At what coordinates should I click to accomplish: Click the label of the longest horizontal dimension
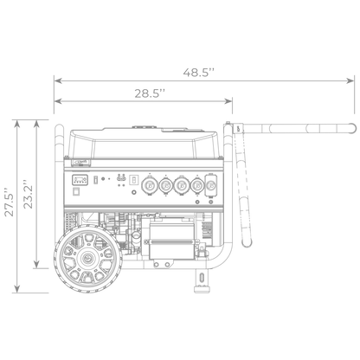pyautogui.click(x=203, y=72)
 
